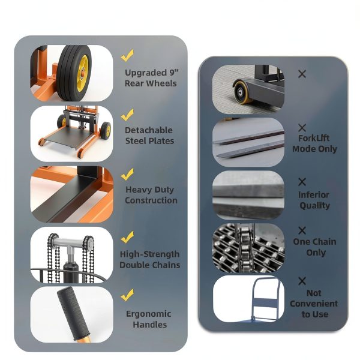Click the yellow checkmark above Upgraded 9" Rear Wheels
(x=127, y=56)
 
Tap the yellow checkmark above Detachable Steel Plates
(x=127, y=115)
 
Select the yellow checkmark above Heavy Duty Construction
(x=127, y=174)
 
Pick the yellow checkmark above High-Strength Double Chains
(x=127, y=237)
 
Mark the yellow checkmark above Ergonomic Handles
(x=127, y=295)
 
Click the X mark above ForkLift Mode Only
(x=302, y=128)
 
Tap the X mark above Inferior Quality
(x=302, y=182)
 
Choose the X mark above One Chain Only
(x=302, y=230)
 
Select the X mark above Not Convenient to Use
(x=302, y=281)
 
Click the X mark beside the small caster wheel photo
(x=302, y=74)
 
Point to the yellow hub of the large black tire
(x=82, y=73)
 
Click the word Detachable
(x=149, y=130)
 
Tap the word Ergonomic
(x=149, y=314)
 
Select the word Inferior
(x=314, y=194)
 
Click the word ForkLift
(x=314, y=138)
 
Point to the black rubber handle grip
(x=73, y=313)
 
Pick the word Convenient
(x=314, y=304)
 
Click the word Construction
(x=151, y=200)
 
